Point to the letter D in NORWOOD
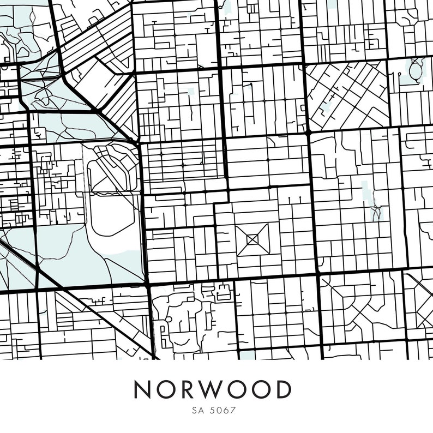click(x=282, y=389)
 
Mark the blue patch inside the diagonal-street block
click(x=327, y=106)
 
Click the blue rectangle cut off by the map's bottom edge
click(x=248, y=355)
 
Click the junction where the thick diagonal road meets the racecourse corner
click(x=138, y=143)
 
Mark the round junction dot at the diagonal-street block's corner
click(x=308, y=132)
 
